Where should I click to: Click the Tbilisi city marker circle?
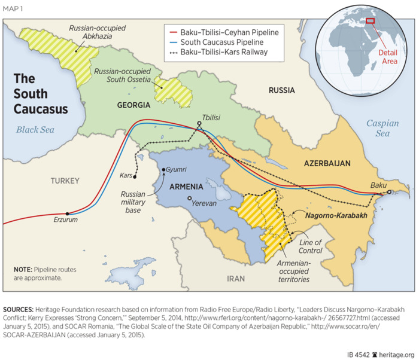pyautogui.click(x=200, y=125)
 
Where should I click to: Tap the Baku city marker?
pyautogui.click(x=388, y=193)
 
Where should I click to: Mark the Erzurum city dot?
pyautogui.click(x=68, y=213)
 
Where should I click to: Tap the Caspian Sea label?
pyautogui.click(x=382, y=129)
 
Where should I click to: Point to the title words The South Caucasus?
pyautogui.click(x=41, y=94)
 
